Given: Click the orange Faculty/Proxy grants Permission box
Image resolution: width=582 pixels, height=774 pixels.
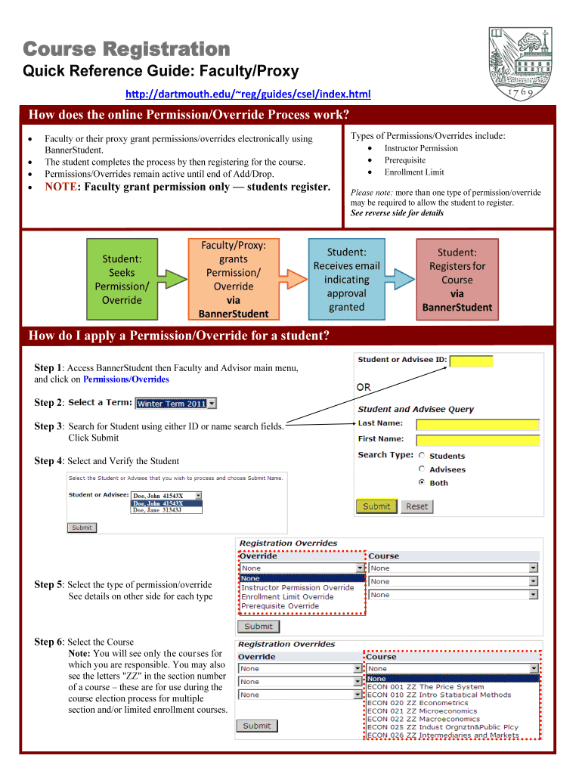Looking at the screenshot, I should [233, 279].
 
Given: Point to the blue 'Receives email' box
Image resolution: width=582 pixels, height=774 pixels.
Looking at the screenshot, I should [346, 279].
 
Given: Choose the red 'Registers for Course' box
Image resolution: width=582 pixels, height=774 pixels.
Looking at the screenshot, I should [457, 279].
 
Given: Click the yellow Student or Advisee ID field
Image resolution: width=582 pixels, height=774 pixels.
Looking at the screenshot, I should [471, 361].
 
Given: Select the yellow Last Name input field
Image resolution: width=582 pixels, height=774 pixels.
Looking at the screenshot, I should [478, 425].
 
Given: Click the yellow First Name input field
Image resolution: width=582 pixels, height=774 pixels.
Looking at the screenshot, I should [478, 440].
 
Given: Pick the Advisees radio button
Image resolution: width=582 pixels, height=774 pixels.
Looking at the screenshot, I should [422, 469].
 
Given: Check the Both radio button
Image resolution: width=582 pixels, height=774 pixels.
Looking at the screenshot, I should [422, 482].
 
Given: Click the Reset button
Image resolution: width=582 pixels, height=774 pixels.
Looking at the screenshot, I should [416, 506].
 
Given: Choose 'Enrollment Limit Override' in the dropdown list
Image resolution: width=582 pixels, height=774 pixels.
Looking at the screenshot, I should [287, 597].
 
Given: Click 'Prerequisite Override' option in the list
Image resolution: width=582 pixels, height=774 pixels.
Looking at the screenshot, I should [280, 606].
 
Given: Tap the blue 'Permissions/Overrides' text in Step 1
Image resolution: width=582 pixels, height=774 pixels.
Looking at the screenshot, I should [126, 379].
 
